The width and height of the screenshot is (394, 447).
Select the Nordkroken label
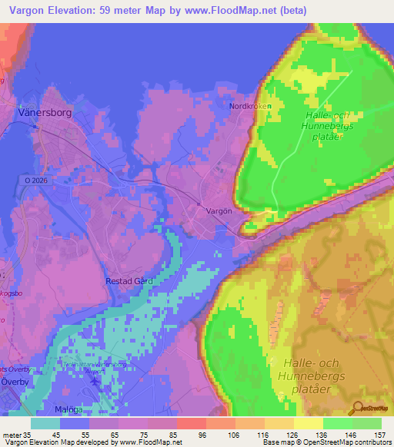coord(249,107)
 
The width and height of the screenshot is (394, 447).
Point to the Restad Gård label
coord(129,281)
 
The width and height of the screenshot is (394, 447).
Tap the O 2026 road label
coord(32,180)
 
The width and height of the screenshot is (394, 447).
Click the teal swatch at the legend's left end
coord(45,423)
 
